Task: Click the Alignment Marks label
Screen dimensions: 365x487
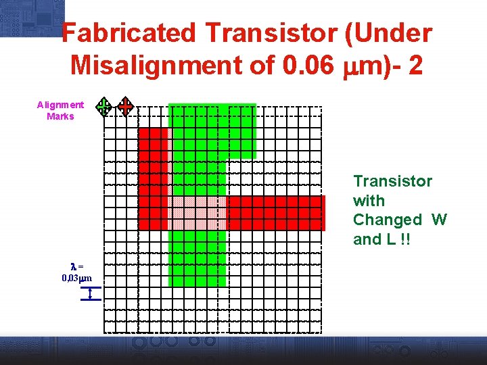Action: point(60,110)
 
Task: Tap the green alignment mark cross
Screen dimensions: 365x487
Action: point(103,106)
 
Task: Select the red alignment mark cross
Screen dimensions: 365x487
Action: point(125,106)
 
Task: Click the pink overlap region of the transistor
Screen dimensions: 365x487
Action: point(196,212)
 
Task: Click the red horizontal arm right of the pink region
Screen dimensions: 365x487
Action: point(275,212)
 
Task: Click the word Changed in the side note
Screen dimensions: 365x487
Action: point(387,220)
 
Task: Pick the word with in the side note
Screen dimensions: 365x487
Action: point(369,201)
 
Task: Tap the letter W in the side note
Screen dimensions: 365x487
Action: point(439,220)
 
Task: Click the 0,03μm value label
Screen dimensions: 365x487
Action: point(76,278)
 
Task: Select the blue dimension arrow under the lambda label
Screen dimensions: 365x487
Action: point(90,293)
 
